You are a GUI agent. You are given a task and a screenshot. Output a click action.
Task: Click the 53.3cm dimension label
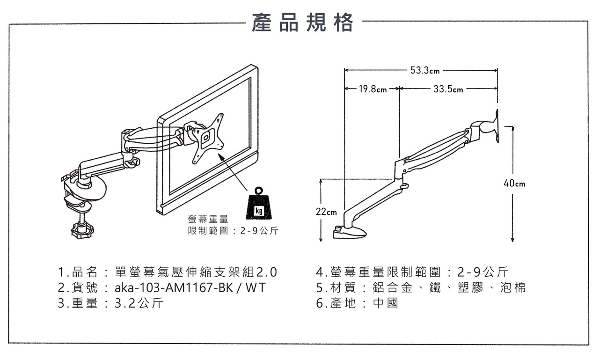[x=425, y=71]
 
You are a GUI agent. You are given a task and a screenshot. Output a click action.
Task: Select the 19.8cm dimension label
[x=373, y=89]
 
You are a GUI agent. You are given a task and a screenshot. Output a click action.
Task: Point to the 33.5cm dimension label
[x=448, y=89]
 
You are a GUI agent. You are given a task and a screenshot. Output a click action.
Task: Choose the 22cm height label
[x=326, y=212]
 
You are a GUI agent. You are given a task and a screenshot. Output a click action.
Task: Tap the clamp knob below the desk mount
[x=82, y=230]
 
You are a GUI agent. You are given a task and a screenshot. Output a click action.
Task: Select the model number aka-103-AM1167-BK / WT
[x=190, y=287]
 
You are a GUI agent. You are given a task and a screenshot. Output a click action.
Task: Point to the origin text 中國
[x=386, y=303]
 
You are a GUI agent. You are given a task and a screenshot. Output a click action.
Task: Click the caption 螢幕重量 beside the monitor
[x=208, y=219]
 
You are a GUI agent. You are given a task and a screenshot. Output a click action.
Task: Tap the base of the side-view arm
[x=353, y=232]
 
